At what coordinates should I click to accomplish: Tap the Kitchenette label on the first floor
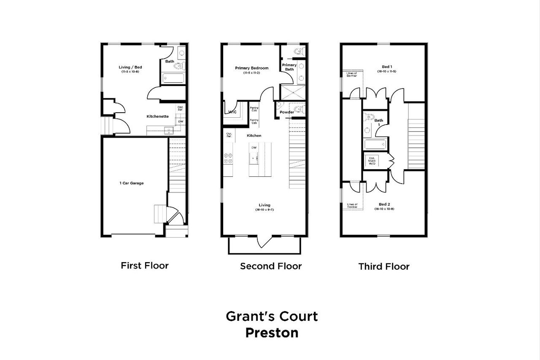click(x=157, y=116)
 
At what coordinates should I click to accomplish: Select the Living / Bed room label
click(x=130, y=67)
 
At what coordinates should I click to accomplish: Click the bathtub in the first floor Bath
click(x=173, y=78)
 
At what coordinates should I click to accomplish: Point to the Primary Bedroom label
click(x=251, y=68)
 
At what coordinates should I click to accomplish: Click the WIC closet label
click(x=232, y=112)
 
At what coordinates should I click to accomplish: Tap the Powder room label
click(x=286, y=112)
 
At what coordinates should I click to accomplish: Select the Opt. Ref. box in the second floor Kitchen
click(x=229, y=135)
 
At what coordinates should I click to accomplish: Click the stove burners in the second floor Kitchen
click(x=228, y=158)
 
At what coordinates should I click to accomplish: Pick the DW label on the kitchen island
click(x=254, y=148)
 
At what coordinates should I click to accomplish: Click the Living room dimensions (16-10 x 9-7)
click(x=265, y=210)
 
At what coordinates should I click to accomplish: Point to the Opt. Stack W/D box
click(x=372, y=161)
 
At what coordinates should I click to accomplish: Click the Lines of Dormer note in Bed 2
click(x=352, y=206)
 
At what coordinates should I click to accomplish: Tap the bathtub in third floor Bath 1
click(x=375, y=145)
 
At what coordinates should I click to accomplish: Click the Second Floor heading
click(x=270, y=266)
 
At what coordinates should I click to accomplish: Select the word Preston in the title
click(x=272, y=333)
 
